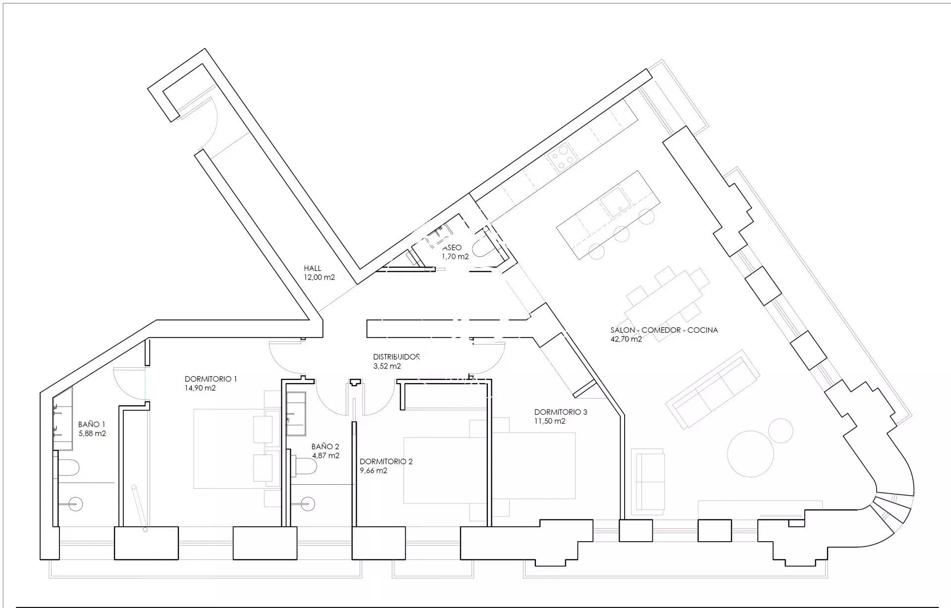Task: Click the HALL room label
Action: coord(313,268)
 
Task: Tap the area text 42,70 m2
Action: coord(627,340)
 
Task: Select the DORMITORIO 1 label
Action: coord(211,379)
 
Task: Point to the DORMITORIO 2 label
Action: coord(386,461)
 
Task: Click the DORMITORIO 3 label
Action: coord(561,412)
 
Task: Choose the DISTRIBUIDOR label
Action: coord(397,356)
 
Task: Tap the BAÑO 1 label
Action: coord(92,424)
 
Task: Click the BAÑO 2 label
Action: coord(325,447)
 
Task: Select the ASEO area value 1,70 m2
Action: coord(455,256)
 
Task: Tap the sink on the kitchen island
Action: coord(616,203)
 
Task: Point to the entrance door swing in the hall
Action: coord(211,124)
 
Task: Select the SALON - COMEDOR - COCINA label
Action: coord(664,330)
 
